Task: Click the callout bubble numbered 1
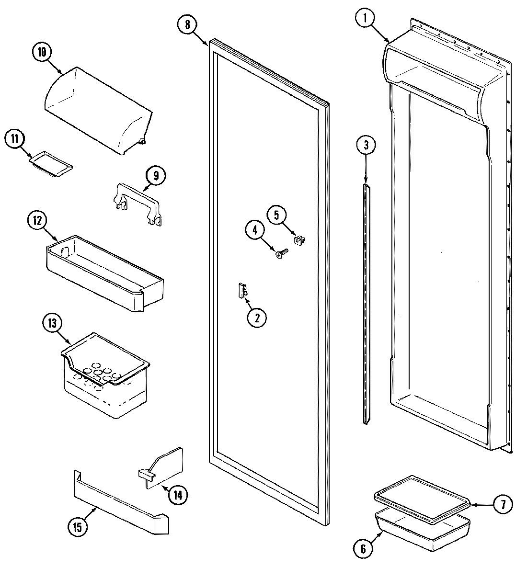[365, 19]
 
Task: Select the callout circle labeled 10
[42, 52]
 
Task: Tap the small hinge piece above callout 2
[241, 290]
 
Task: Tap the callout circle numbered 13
[52, 323]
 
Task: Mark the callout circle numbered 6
[363, 549]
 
